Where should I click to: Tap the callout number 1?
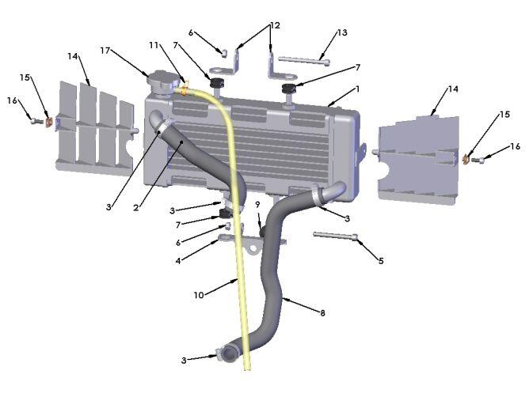(357, 89)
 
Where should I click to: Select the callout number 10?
(199, 295)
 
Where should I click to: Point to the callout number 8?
(322, 313)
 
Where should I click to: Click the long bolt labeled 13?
(304, 60)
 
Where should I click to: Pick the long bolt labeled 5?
(336, 236)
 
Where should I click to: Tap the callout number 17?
(105, 51)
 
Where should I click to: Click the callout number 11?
(154, 45)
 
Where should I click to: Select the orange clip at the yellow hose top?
(185, 89)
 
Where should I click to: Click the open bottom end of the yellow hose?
(247, 369)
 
